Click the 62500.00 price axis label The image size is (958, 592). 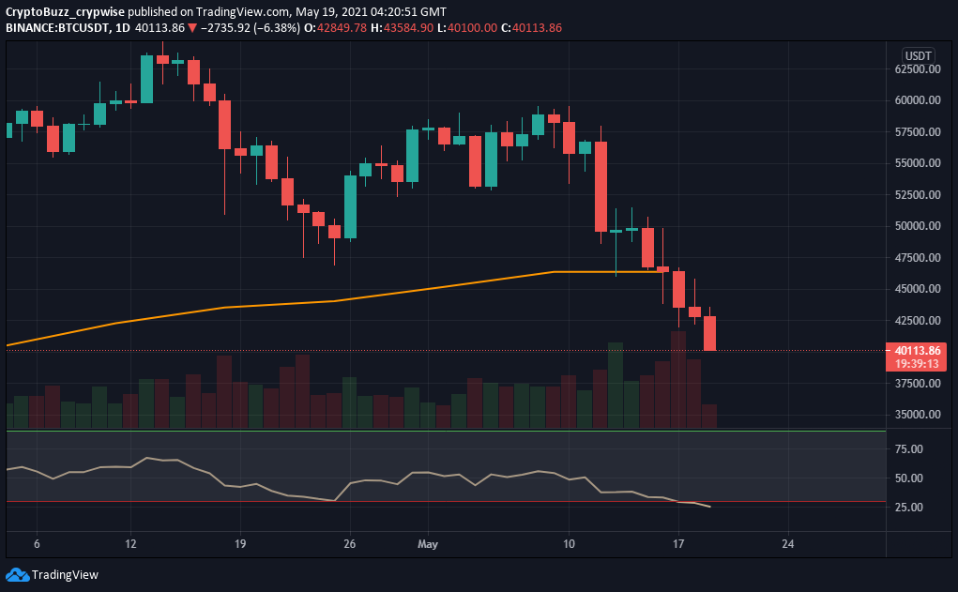click(917, 69)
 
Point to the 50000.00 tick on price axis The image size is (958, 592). click(917, 226)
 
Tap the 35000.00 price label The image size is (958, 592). click(917, 415)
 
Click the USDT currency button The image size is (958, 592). click(917, 55)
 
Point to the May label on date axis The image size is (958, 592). click(428, 543)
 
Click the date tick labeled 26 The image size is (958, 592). click(350, 543)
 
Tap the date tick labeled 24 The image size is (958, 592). click(787, 543)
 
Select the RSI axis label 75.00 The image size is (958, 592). click(909, 449)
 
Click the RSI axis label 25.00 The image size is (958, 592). click(909, 508)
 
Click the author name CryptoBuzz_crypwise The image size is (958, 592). click(65, 12)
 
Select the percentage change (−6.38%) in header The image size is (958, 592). click(277, 28)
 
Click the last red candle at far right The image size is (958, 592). click(710, 333)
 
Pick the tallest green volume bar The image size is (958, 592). click(616, 385)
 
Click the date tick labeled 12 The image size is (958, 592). click(131, 543)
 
